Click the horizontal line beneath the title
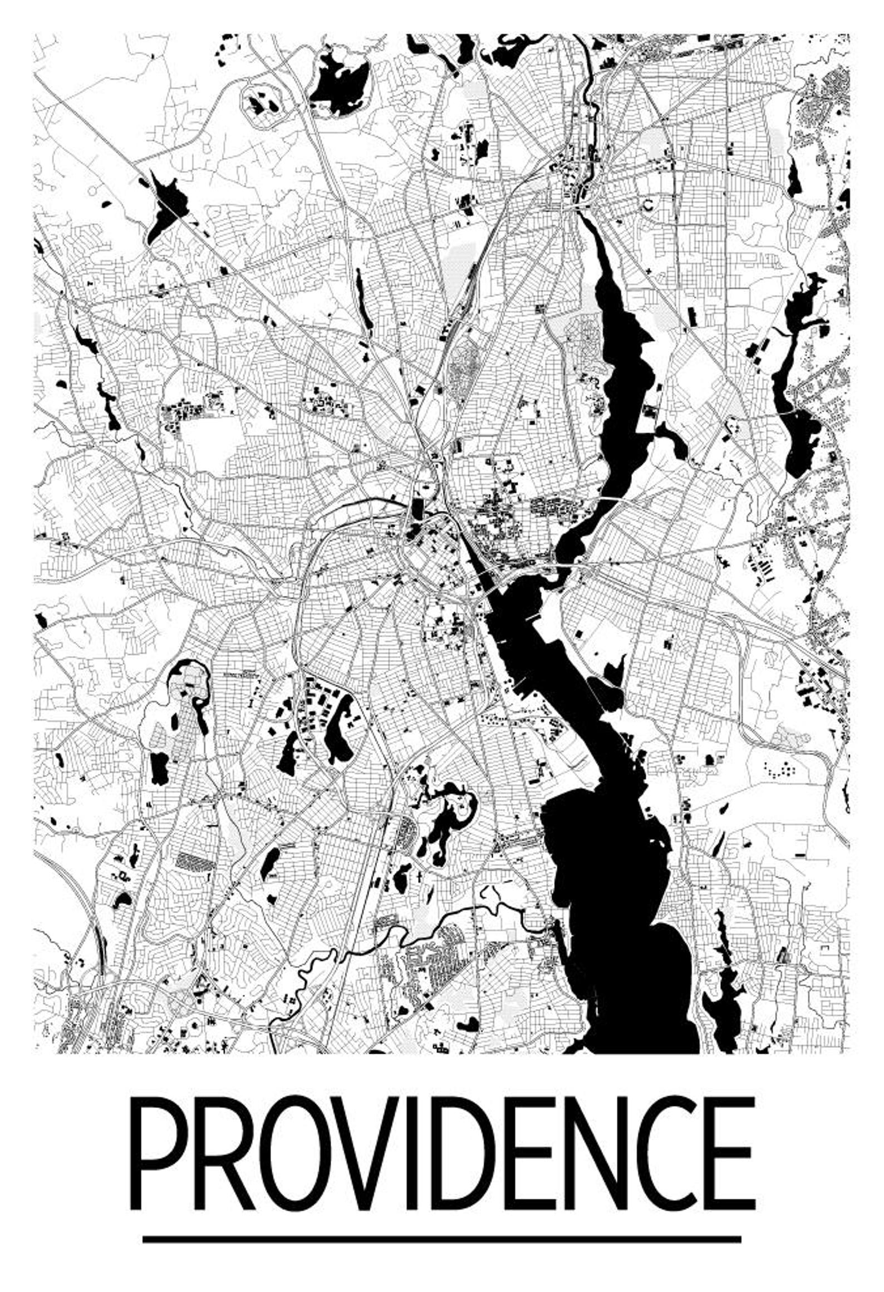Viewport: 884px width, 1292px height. [442, 1219]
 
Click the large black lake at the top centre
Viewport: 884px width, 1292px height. [340, 81]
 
